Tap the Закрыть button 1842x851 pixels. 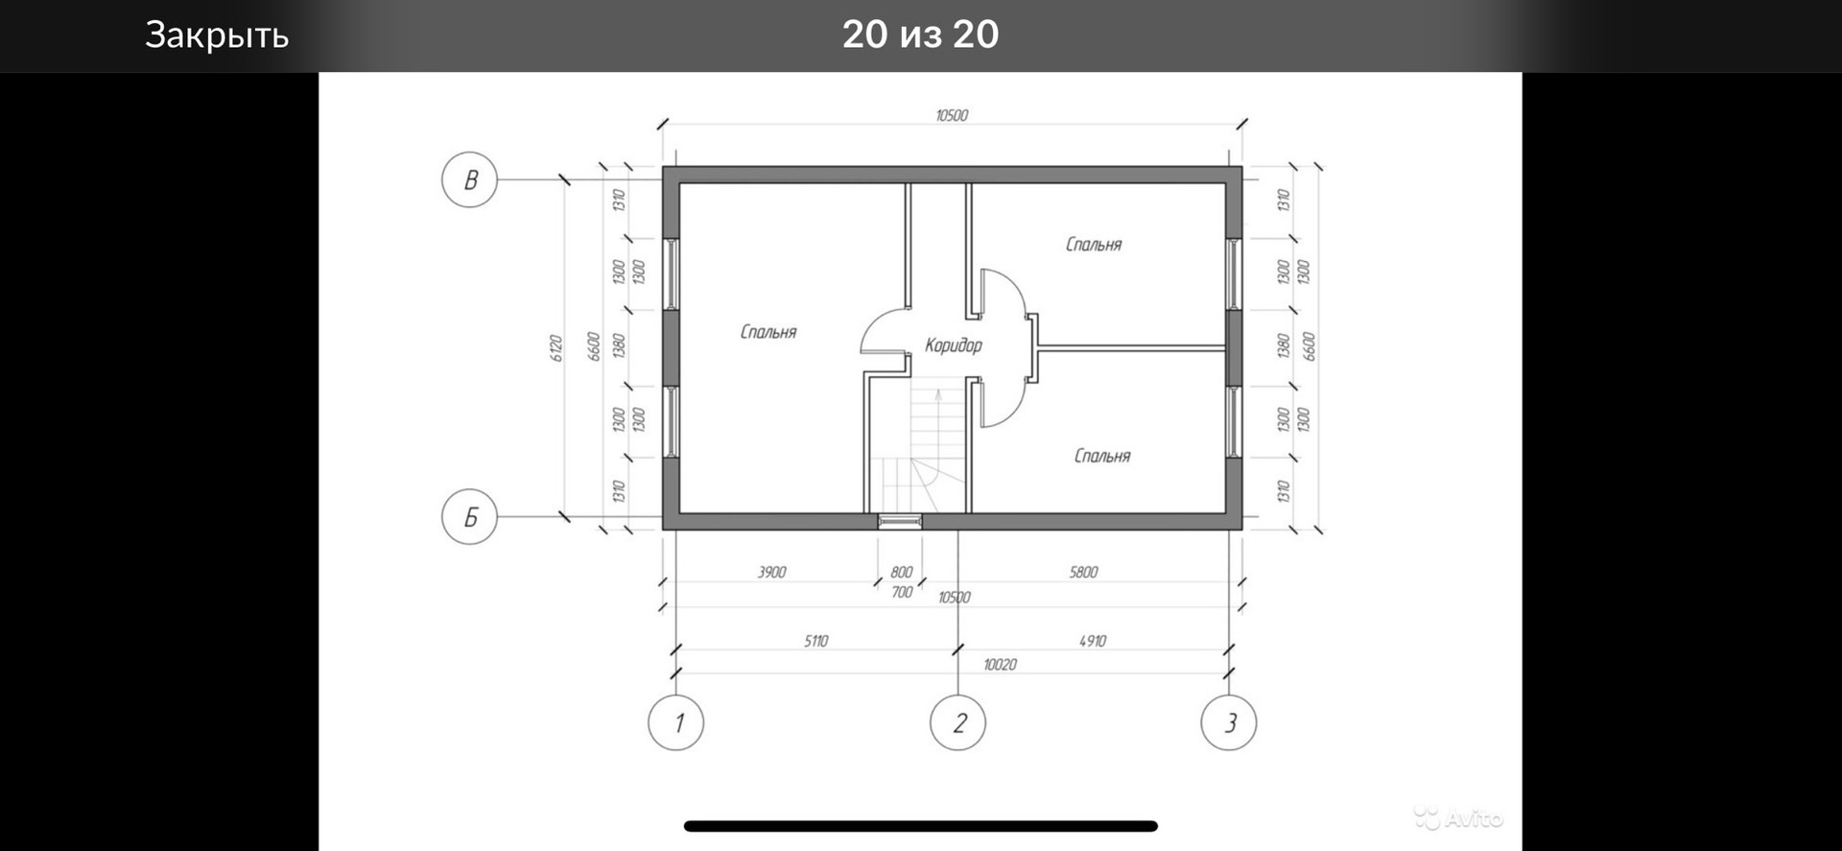click(217, 35)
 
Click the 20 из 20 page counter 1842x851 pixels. click(921, 35)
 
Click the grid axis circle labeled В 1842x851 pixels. click(469, 179)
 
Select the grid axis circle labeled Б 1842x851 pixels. click(469, 517)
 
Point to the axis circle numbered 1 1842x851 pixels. click(676, 722)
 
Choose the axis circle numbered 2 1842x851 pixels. click(958, 722)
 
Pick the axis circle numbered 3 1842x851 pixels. click(1229, 722)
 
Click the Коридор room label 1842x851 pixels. click(954, 345)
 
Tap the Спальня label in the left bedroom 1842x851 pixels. click(768, 332)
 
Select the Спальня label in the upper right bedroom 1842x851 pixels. click(1094, 245)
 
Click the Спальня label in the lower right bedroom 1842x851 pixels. click(1102, 456)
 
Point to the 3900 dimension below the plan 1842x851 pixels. click(772, 573)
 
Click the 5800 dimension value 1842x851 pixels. click(1083, 573)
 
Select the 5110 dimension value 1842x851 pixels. click(816, 641)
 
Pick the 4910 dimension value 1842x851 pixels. click(1093, 641)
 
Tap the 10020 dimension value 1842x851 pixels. click(1001, 664)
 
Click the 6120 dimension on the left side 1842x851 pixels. click(555, 347)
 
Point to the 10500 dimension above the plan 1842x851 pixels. click(952, 115)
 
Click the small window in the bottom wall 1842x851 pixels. click(900, 521)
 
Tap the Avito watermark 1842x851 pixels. click(1458, 817)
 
